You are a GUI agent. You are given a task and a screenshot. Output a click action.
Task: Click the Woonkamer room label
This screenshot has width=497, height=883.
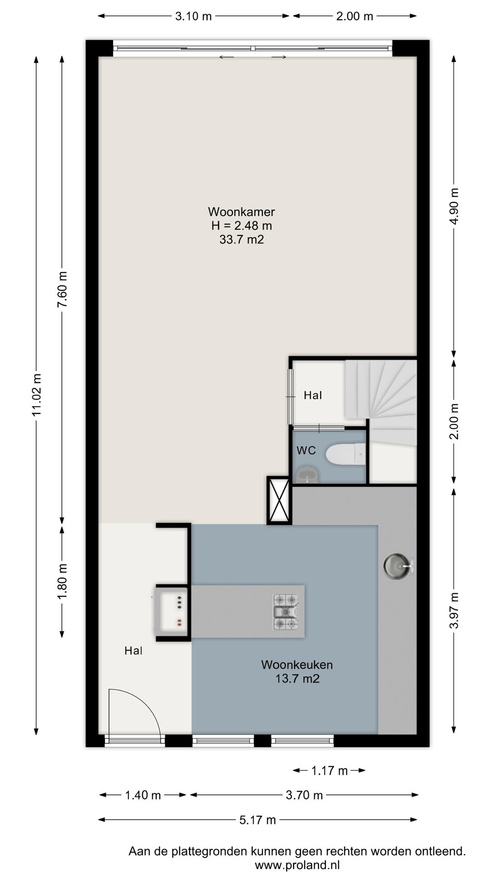(x=241, y=212)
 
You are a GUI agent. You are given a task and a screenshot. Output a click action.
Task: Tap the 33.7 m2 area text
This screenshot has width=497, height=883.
(x=242, y=240)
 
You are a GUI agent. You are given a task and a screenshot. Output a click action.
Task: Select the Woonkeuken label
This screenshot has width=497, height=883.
(x=297, y=665)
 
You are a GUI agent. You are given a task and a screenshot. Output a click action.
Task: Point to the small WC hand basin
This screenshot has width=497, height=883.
(x=307, y=475)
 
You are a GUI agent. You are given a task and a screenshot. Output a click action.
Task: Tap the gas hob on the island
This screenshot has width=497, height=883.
(x=286, y=612)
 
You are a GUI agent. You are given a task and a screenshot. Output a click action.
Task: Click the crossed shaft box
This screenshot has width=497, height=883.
(x=279, y=500)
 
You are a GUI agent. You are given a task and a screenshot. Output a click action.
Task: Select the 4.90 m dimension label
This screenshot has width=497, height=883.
(x=454, y=206)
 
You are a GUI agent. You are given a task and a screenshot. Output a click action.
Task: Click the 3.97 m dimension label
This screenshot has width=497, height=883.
(x=454, y=610)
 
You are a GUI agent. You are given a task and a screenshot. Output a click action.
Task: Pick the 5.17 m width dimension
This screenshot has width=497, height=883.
(x=257, y=820)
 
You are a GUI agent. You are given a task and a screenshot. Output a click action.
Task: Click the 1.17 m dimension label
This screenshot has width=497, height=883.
(x=329, y=770)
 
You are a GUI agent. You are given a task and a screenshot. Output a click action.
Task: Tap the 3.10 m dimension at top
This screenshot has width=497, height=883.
(x=193, y=16)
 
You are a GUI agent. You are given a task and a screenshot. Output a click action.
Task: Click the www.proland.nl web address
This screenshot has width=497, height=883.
(x=297, y=865)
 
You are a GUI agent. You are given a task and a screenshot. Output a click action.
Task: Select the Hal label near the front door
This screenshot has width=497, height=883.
(x=133, y=651)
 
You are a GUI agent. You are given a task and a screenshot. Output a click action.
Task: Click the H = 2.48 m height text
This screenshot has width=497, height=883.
(x=242, y=226)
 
